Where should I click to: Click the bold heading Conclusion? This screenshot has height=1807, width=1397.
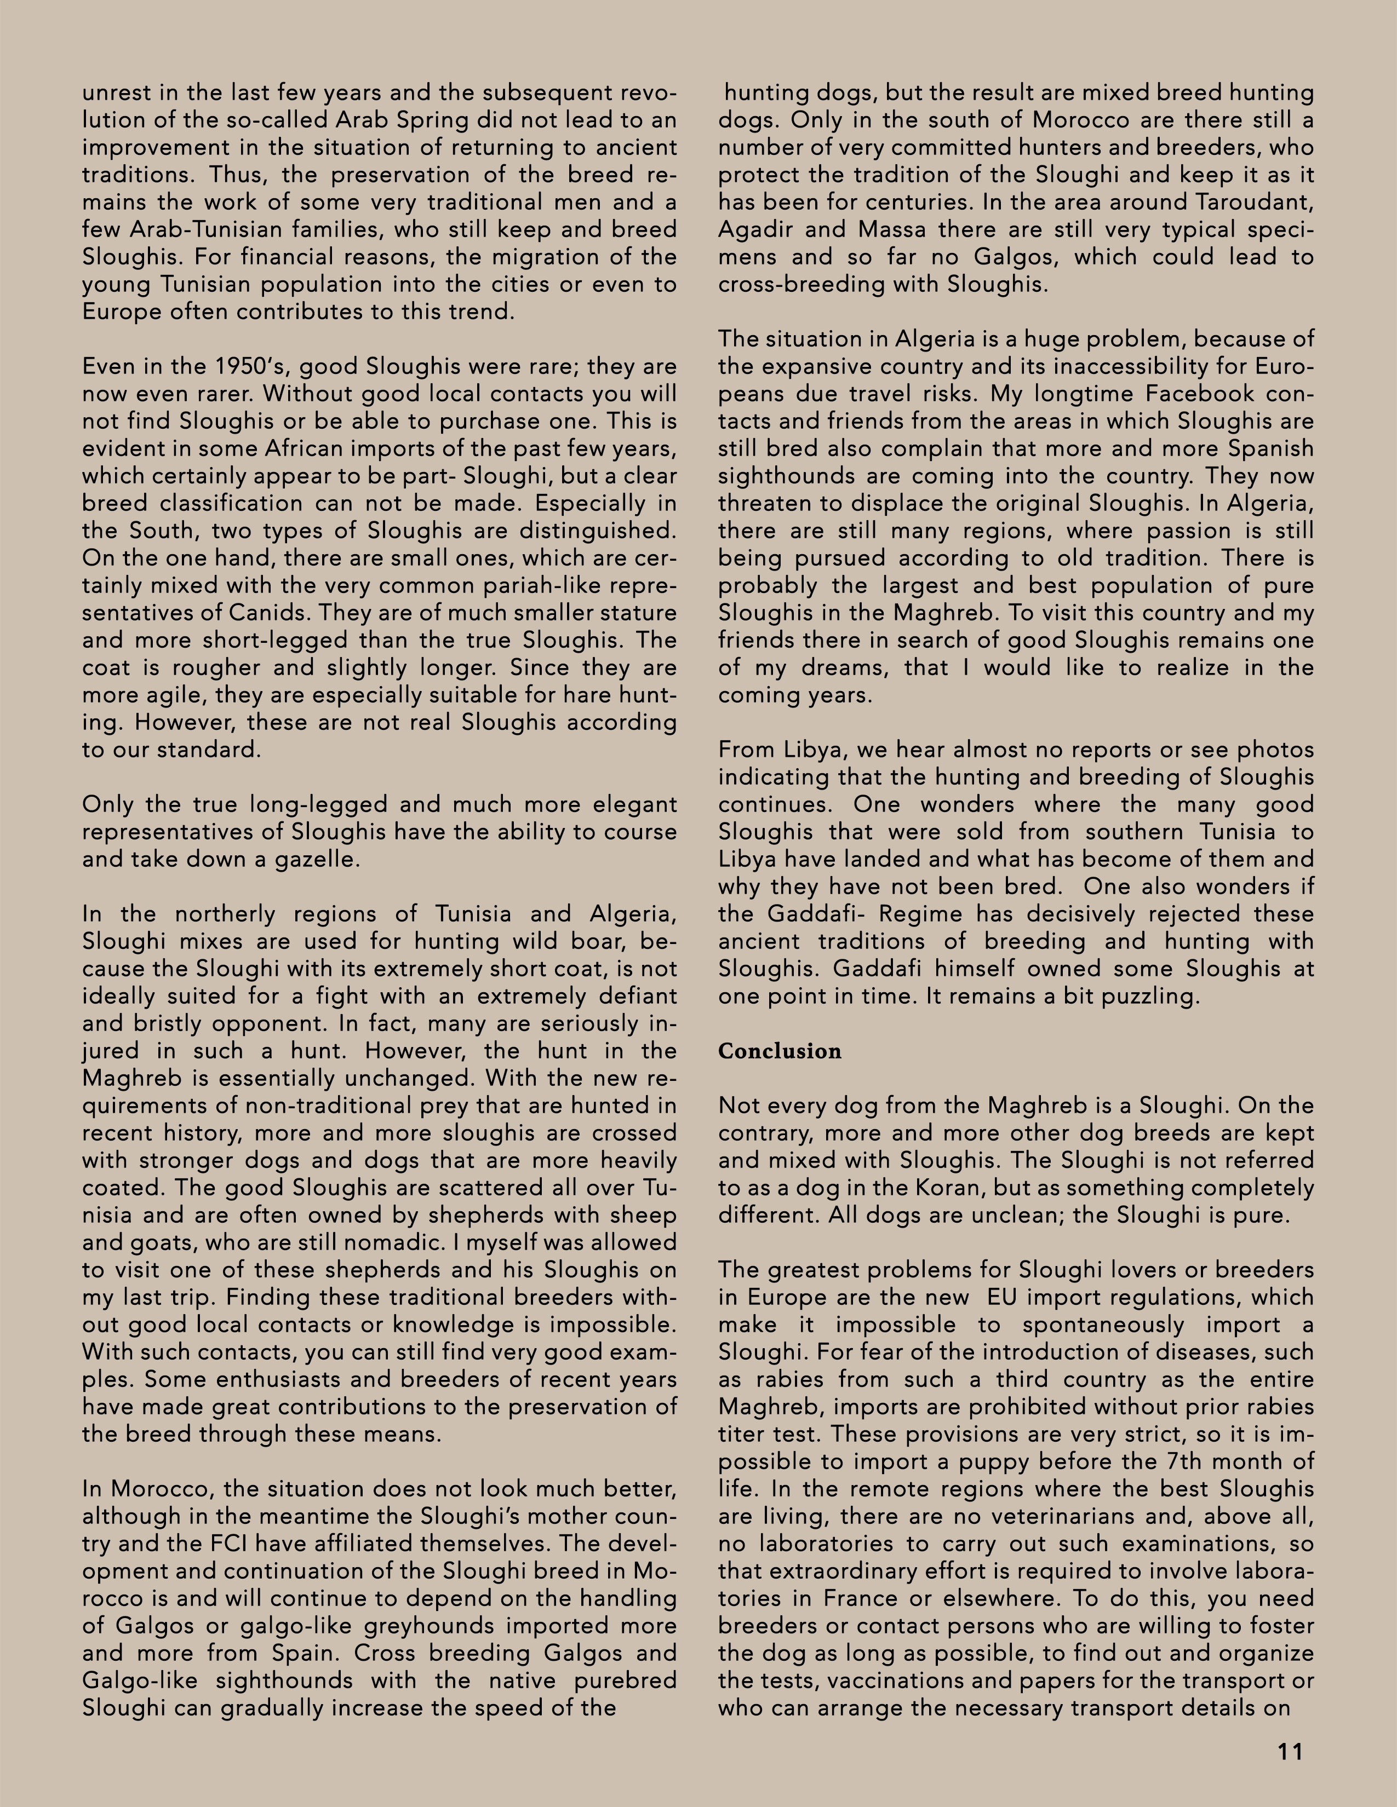coord(779,1051)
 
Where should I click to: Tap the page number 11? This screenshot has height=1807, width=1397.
coord(1290,1752)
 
